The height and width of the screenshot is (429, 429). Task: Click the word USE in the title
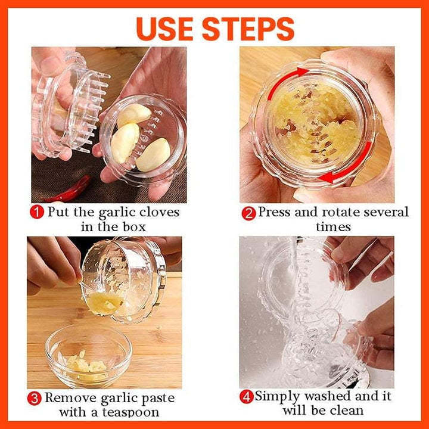pyautogui.click(x=172, y=28)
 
